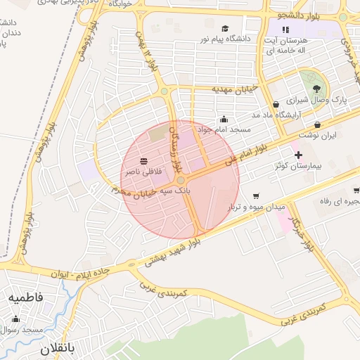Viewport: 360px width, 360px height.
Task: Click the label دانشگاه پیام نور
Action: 226,39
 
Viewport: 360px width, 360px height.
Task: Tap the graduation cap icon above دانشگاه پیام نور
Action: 225,29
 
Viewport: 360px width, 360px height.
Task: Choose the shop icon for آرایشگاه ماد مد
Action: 274,104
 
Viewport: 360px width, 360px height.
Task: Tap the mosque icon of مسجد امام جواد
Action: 224,119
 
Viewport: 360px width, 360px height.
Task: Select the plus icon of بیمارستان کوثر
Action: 298,155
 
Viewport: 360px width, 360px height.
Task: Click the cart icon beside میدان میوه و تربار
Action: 256,196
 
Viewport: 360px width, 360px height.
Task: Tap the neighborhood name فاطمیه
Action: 26,297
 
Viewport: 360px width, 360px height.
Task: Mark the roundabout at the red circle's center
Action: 181,180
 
